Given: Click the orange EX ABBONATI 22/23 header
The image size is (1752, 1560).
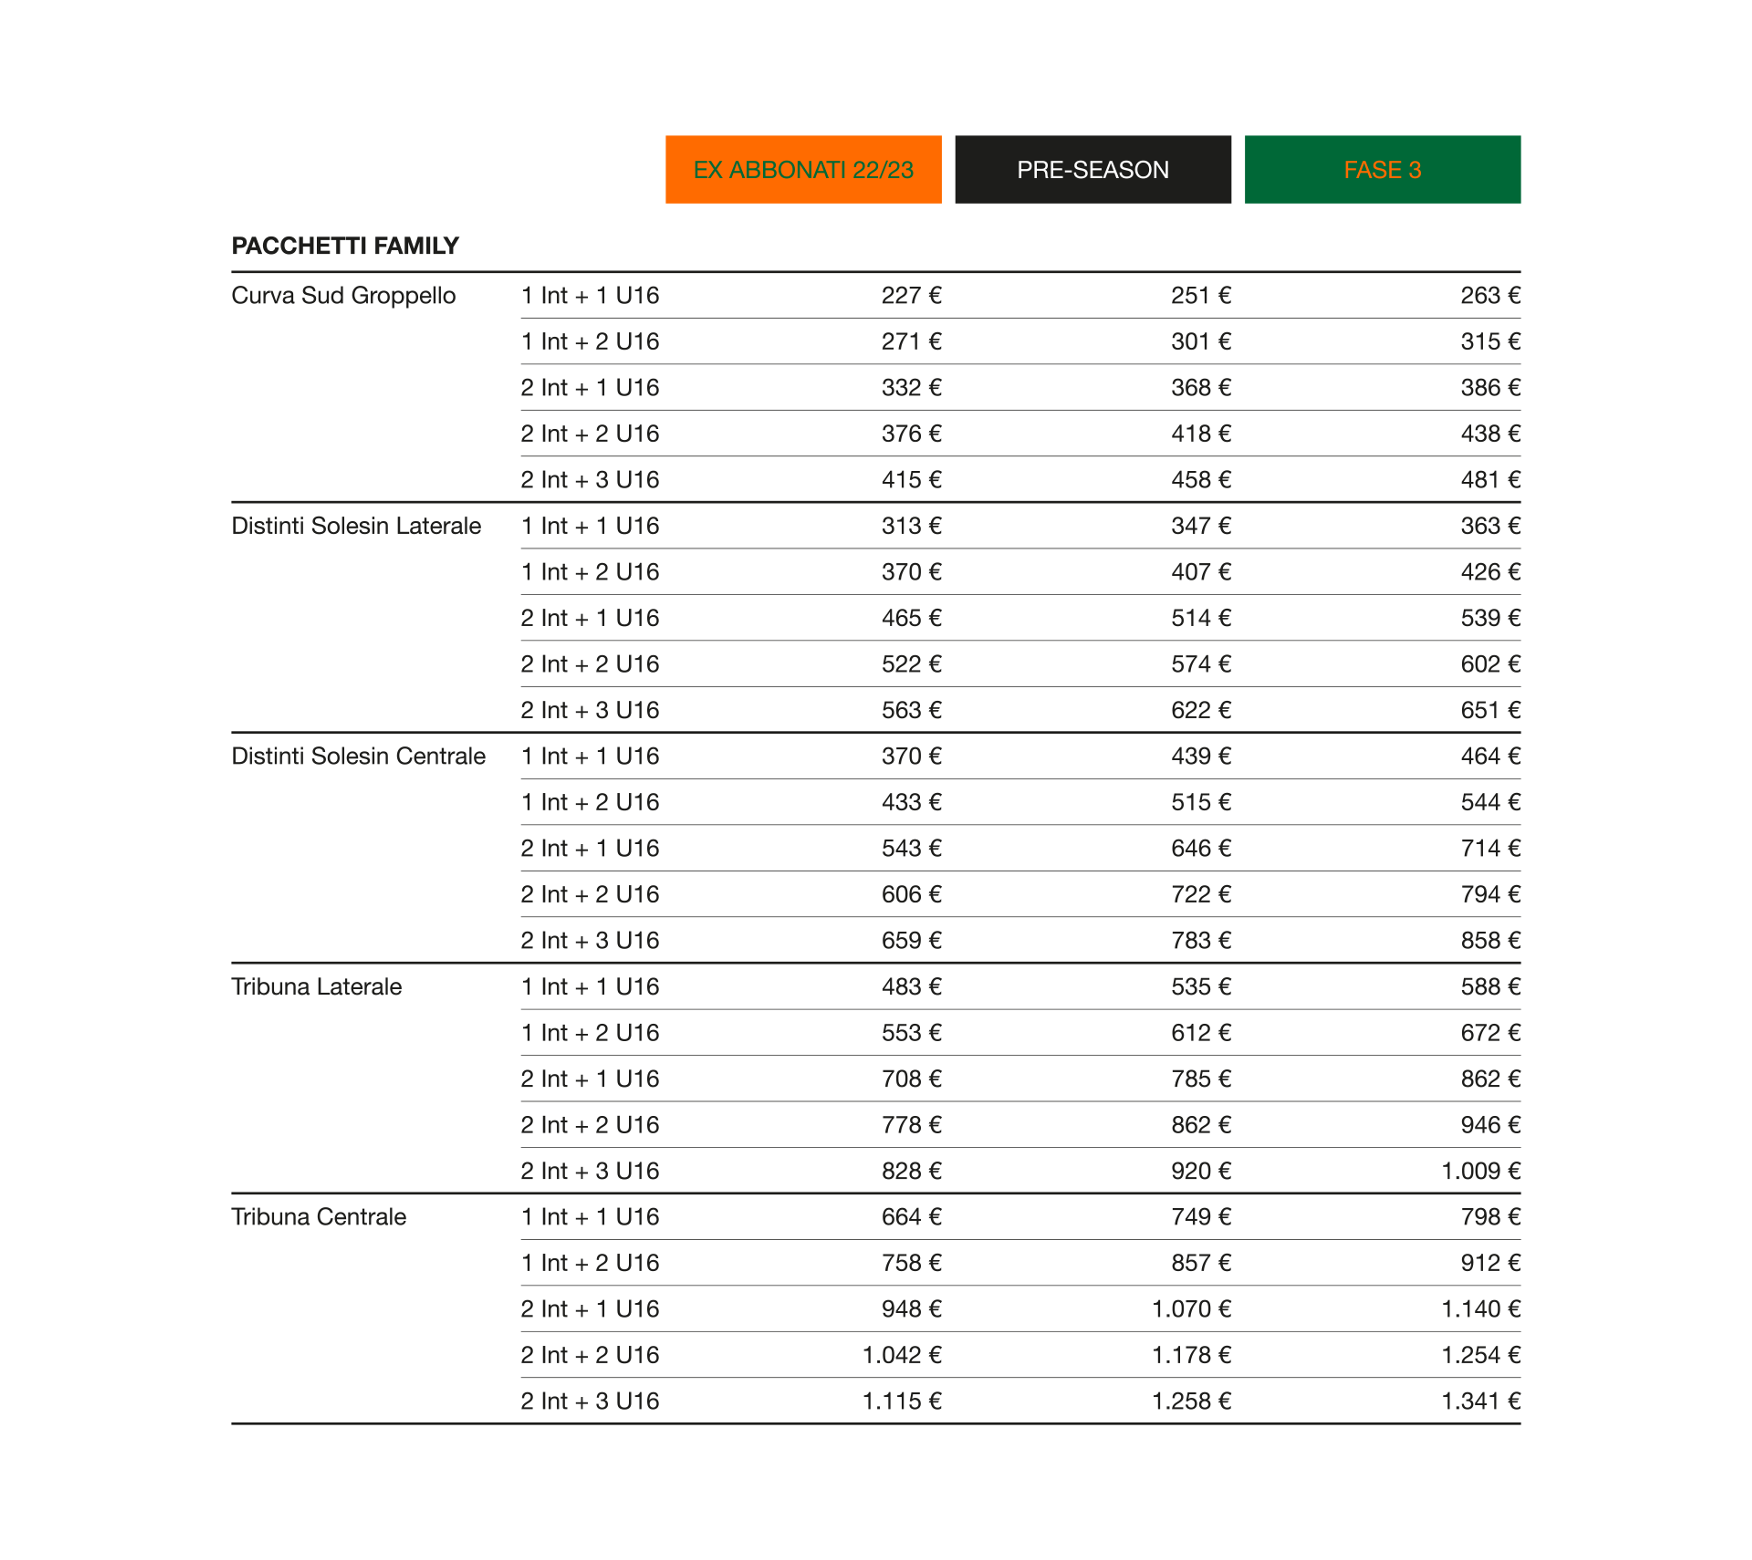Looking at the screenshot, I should [803, 170].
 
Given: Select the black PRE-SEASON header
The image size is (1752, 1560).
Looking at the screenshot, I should [1093, 170].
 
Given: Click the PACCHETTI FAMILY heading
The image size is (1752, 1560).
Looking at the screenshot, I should [345, 246].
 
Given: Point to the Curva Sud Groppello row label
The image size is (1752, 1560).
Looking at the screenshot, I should [343, 296].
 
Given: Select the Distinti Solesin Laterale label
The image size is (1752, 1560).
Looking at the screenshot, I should [356, 526].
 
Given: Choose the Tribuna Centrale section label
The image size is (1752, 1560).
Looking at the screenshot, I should [319, 1217].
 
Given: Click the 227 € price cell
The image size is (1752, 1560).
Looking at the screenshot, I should [911, 296].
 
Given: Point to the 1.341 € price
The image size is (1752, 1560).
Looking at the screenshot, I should [1480, 1401].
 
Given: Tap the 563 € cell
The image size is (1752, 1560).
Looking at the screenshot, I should [911, 711].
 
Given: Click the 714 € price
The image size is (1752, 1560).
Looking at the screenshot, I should [1491, 848].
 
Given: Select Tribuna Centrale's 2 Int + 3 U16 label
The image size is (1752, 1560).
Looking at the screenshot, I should [590, 1401].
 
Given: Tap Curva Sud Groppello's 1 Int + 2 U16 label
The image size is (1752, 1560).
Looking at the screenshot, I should [590, 342].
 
